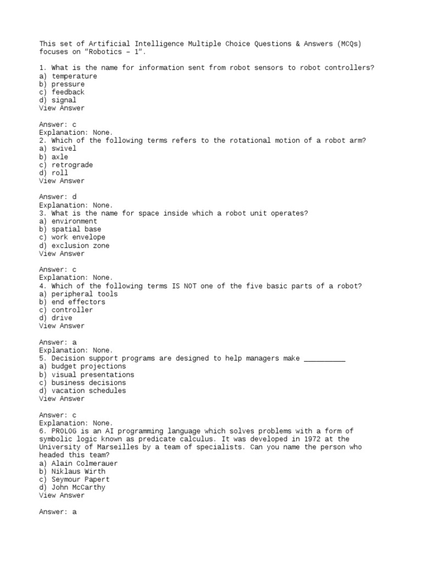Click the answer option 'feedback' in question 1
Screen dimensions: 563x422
(68, 92)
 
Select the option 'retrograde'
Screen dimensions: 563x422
(72, 165)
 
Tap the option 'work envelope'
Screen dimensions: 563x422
(78, 238)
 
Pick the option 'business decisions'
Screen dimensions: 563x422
(88, 383)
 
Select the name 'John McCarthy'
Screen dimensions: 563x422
(78, 488)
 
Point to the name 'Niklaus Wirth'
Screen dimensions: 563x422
(78, 472)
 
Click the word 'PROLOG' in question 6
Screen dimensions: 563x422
(64, 431)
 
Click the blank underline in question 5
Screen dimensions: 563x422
(324, 359)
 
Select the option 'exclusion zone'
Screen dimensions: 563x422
(80, 246)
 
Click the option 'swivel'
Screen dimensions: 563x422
(64, 148)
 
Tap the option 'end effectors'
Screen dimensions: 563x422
(78, 302)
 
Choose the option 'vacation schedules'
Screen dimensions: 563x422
(88, 391)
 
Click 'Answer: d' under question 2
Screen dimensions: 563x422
(58, 197)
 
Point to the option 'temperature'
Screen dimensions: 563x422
(74, 76)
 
